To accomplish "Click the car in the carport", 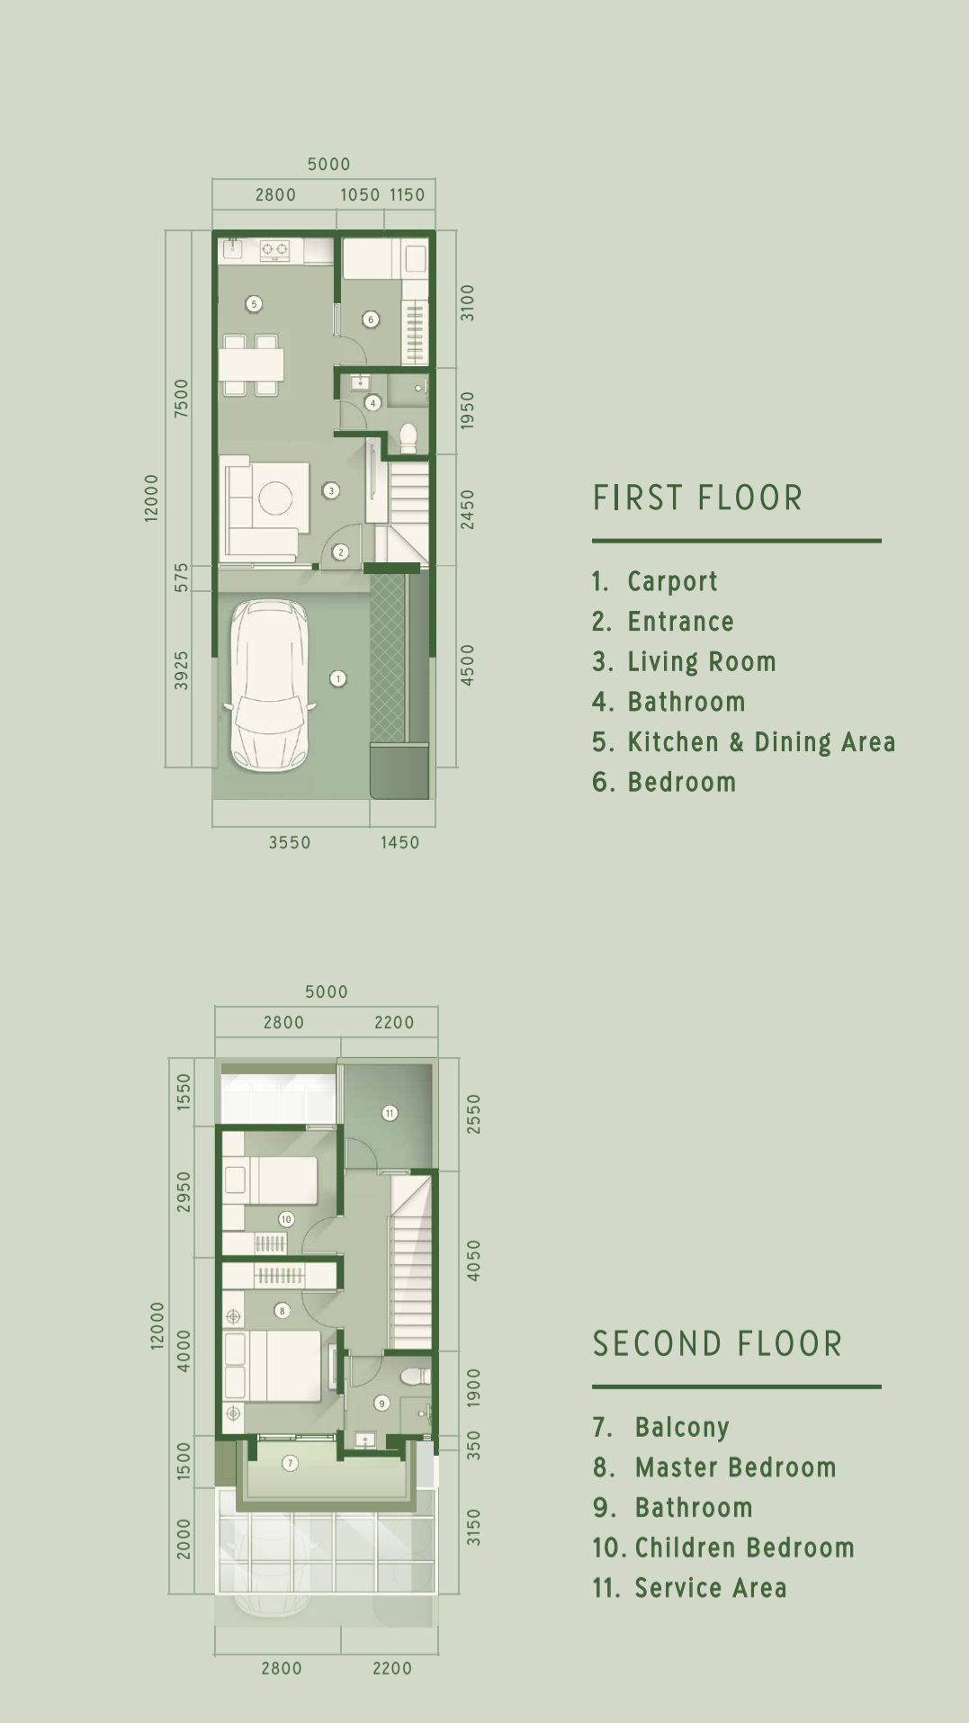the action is (x=270, y=686).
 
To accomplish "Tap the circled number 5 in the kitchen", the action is (x=254, y=304).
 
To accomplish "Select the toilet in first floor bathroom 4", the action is (x=408, y=437).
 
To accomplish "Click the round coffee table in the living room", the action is (x=275, y=498).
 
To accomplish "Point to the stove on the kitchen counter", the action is (x=274, y=249).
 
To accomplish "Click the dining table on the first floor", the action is (x=251, y=364).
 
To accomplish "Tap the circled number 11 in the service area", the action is (x=390, y=1113).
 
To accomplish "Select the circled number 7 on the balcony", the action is (x=290, y=1463).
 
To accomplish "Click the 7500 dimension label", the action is (x=182, y=397).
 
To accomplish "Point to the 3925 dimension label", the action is (x=182, y=670).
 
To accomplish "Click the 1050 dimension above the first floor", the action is (x=360, y=194).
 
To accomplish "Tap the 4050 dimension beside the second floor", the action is (x=473, y=1260).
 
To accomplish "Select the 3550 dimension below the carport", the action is (x=290, y=842).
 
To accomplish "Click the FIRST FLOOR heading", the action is (x=697, y=498).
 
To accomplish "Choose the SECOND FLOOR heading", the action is (x=717, y=1343).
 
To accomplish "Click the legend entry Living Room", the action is (x=702, y=661).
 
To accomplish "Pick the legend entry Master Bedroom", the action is (x=736, y=1467).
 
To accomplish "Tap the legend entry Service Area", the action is (x=711, y=1588).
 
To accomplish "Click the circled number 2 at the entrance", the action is (x=340, y=552).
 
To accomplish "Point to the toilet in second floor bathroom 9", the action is (x=415, y=1377).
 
